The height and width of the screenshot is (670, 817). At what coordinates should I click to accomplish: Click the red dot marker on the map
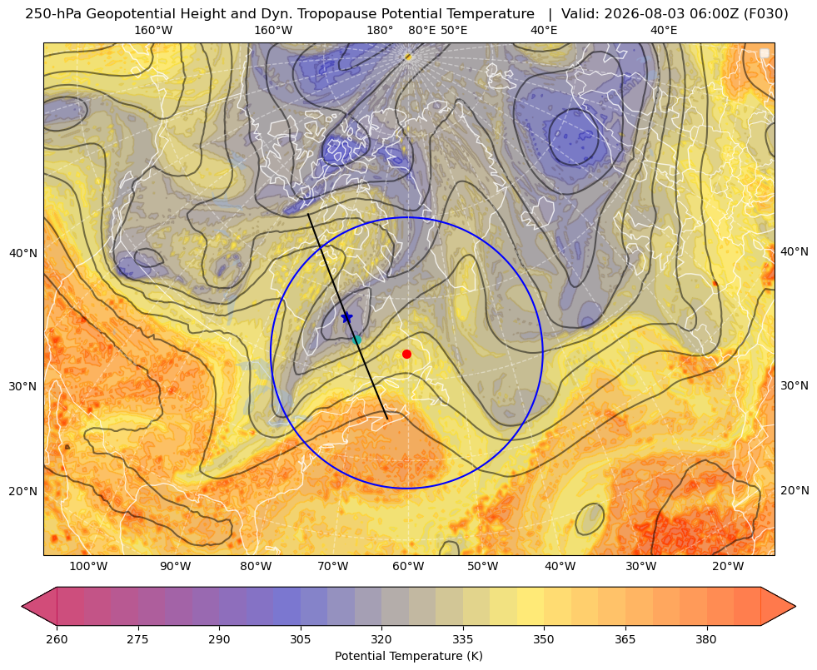tap(406, 354)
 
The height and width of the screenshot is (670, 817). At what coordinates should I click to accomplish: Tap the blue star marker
tap(346, 317)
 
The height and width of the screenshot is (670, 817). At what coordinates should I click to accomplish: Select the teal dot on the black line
tap(356, 340)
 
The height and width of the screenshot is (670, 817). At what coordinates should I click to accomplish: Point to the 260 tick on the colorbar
tap(57, 638)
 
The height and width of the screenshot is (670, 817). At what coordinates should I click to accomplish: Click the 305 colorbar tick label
tap(301, 638)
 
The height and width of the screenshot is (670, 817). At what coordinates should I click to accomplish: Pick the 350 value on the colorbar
tap(544, 638)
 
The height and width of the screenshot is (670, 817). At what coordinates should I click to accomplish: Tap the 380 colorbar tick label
tap(706, 638)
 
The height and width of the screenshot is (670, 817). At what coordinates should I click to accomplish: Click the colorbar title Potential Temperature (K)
tap(408, 656)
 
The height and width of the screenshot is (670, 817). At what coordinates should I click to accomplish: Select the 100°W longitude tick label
tap(88, 567)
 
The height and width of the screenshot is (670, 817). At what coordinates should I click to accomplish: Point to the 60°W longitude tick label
tap(408, 567)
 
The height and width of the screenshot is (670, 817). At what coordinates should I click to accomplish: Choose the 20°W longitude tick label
tap(728, 567)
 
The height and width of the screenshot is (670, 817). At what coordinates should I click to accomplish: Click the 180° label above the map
tap(380, 30)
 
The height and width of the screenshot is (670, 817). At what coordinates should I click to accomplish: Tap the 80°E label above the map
tap(422, 30)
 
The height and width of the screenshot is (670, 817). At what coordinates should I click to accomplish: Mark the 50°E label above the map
tap(454, 30)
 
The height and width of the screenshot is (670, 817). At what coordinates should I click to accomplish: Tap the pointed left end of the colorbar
tap(23, 606)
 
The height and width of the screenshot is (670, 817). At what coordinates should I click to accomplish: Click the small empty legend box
tap(765, 53)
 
